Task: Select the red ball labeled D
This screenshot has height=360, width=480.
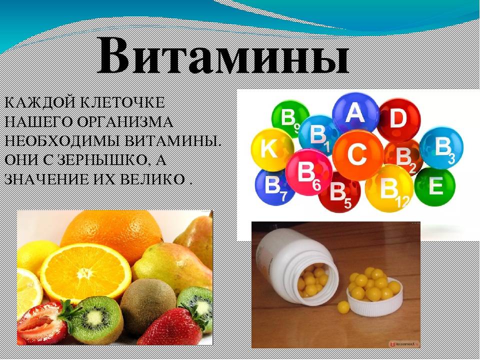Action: point(398,119)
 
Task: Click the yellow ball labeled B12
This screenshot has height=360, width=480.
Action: point(389,189)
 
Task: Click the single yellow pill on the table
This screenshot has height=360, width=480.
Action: point(343,306)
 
